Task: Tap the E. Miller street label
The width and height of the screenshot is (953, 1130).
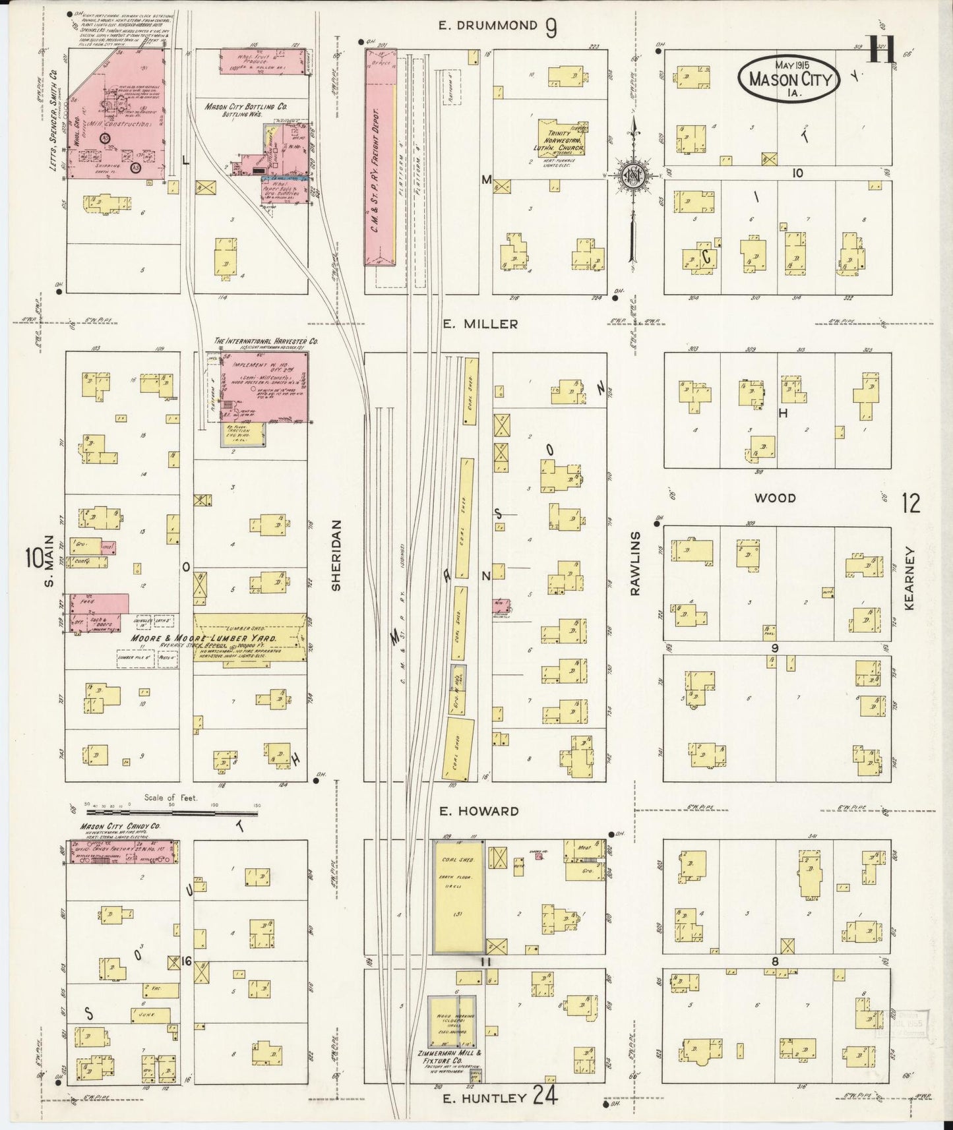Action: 479,324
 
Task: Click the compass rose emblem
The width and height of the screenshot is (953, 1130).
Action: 632,175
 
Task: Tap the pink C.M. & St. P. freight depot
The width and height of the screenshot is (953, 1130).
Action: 381,158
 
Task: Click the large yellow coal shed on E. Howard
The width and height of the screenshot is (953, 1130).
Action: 458,897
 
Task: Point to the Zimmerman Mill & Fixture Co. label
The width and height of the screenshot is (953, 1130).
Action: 454,1056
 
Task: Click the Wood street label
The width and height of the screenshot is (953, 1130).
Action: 776,498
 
